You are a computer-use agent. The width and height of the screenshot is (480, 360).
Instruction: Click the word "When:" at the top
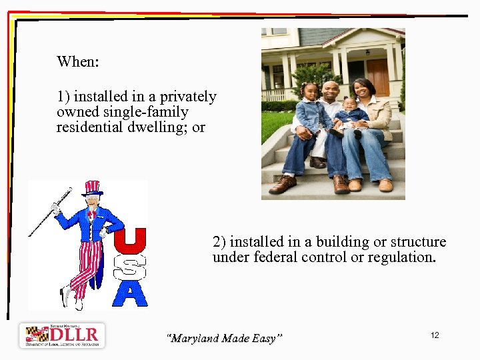[78, 62]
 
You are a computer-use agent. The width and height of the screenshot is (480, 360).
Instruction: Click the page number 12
[435, 335]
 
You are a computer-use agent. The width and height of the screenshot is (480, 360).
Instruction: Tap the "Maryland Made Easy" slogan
[224, 339]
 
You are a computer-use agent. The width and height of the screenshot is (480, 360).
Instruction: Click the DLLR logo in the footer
[62, 335]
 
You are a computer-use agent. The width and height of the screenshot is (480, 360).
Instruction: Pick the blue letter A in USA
[131, 293]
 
